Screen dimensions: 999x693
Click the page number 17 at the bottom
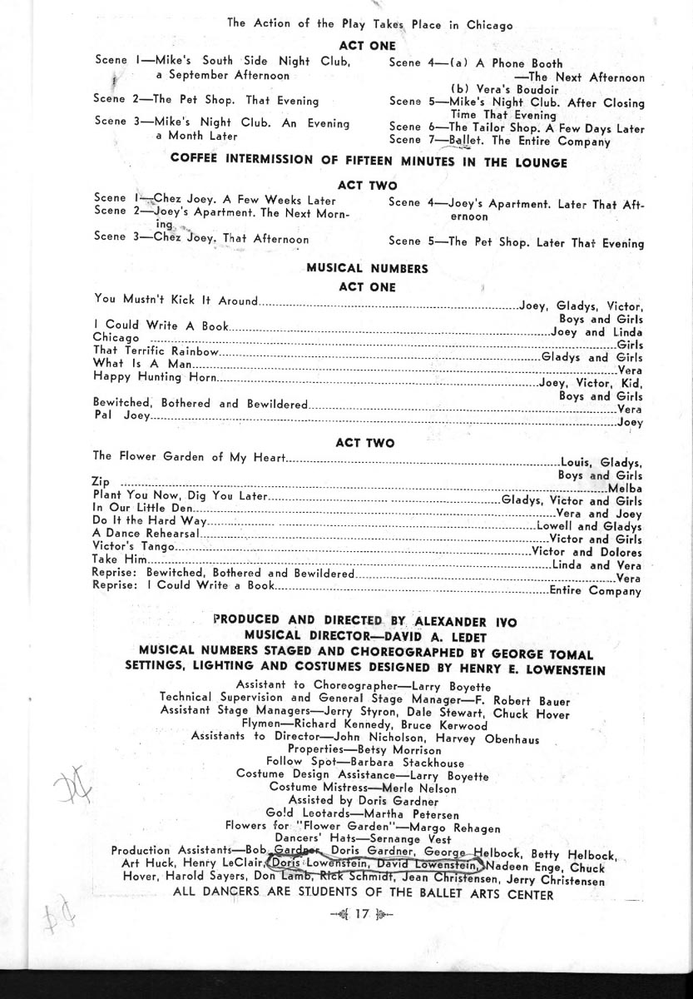tap(360, 913)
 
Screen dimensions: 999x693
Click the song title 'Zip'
tap(100, 482)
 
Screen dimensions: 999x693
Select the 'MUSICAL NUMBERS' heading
tap(367, 268)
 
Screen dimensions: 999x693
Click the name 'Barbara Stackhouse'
tap(401, 762)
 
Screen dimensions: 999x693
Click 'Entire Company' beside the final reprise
tap(595, 591)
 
